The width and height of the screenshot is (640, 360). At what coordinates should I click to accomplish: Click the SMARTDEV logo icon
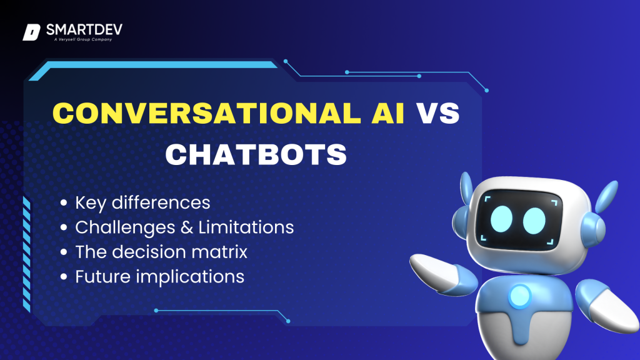point(31,32)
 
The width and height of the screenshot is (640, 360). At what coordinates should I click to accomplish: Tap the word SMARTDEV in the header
point(84,30)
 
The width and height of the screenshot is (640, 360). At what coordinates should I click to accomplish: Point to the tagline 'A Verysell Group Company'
point(83,39)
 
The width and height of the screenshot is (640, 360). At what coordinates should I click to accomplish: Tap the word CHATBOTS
point(256,155)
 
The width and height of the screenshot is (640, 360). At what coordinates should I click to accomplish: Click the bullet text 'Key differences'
point(142,203)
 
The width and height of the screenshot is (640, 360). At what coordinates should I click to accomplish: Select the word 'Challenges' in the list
point(127,227)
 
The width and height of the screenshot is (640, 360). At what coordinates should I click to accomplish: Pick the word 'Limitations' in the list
point(246,227)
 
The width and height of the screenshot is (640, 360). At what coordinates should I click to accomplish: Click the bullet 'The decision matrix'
point(161,252)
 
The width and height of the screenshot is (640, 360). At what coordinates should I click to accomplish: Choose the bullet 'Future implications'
point(159,277)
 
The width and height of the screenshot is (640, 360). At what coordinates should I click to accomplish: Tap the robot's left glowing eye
point(501,219)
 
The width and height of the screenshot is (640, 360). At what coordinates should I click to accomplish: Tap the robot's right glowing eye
point(534,221)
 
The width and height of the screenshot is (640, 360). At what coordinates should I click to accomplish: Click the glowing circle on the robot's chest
point(519,295)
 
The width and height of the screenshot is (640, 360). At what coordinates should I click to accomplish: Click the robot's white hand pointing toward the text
point(435,271)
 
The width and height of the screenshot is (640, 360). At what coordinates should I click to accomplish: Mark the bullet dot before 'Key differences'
point(63,203)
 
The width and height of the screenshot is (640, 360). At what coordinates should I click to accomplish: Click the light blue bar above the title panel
point(153,69)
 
